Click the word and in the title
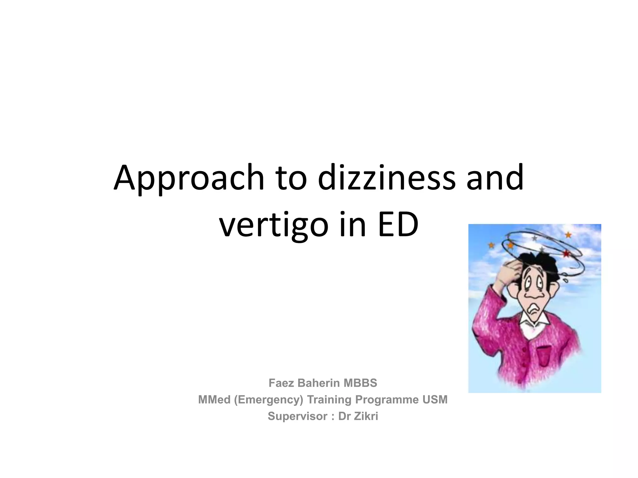click(495, 178)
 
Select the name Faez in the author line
click(281, 383)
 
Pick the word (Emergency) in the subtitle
click(268, 400)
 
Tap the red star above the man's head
click(566, 254)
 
